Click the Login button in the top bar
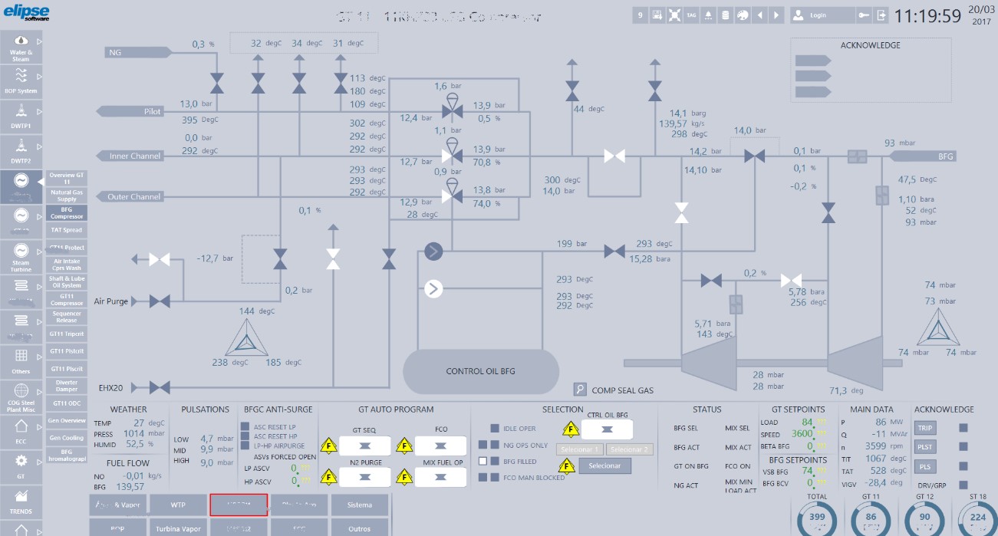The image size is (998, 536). pyautogui.click(x=822, y=15)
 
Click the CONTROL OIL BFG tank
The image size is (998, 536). pyautogui.click(x=480, y=371)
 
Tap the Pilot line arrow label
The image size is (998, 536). pyautogui.click(x=130, y=111)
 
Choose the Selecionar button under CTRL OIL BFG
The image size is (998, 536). pyautogui.click(x=604, y=465)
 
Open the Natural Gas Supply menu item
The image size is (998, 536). pyautogui.click(x=67, y=196)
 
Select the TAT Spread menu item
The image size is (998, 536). pyautogui.click(x=67, y=230)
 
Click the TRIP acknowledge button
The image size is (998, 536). pyautogui.click(x=926, y=428)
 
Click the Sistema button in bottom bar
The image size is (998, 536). pyautogui.click(x=359, y=505)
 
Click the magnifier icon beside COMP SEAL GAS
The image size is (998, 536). pyautogui.click(x=581, y=390)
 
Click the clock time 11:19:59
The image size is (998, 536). pyautogui.click(x=927, y=16)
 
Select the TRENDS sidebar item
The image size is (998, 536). pyautogui.click(x=21, y=501)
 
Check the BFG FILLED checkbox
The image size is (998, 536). pyautogui.click(x=483, y=462)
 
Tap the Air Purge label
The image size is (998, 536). pyautogui.click(x=111, y=301)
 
